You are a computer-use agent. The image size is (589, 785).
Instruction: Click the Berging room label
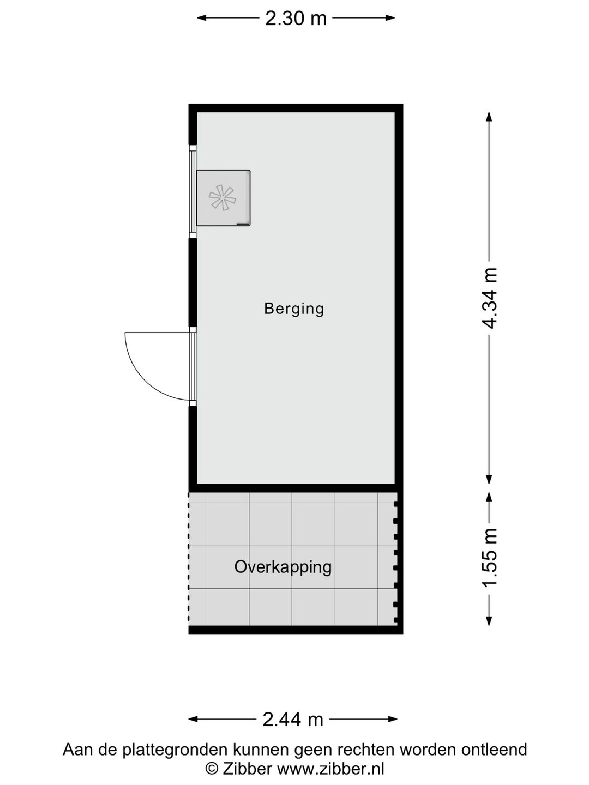click(294, 309)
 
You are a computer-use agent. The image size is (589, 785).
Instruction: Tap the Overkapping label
click(283, 567)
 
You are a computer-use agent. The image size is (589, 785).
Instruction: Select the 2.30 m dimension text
click(296, 19)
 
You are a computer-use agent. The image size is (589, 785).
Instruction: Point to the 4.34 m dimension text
click(490, 298)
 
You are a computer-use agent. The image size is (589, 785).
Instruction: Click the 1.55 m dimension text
click(490, 558)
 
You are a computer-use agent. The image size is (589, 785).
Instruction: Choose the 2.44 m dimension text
click(293, 720)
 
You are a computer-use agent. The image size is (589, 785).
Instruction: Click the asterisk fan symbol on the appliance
click(223, 197)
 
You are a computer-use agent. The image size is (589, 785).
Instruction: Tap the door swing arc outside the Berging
click(143, 371)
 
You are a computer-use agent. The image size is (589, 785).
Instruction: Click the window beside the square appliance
click(192, 191)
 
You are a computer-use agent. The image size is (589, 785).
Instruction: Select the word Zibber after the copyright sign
click(246, 769)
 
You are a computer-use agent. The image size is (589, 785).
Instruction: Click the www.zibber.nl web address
click(331, 769)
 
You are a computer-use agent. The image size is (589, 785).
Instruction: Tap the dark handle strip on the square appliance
click(242, 224)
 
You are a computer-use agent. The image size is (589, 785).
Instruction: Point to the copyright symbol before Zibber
click(211, 769)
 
